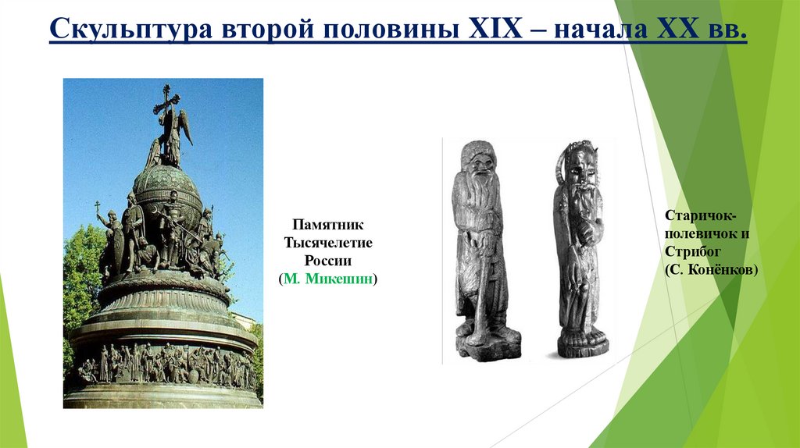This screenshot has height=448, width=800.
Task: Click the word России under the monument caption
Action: click(x=328, y=260)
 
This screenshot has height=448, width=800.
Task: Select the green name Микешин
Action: click(x=335, y=279)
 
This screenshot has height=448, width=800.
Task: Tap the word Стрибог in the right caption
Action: click(x=692, y=251)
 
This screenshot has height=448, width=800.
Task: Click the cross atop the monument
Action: click(x=166, y=100)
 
